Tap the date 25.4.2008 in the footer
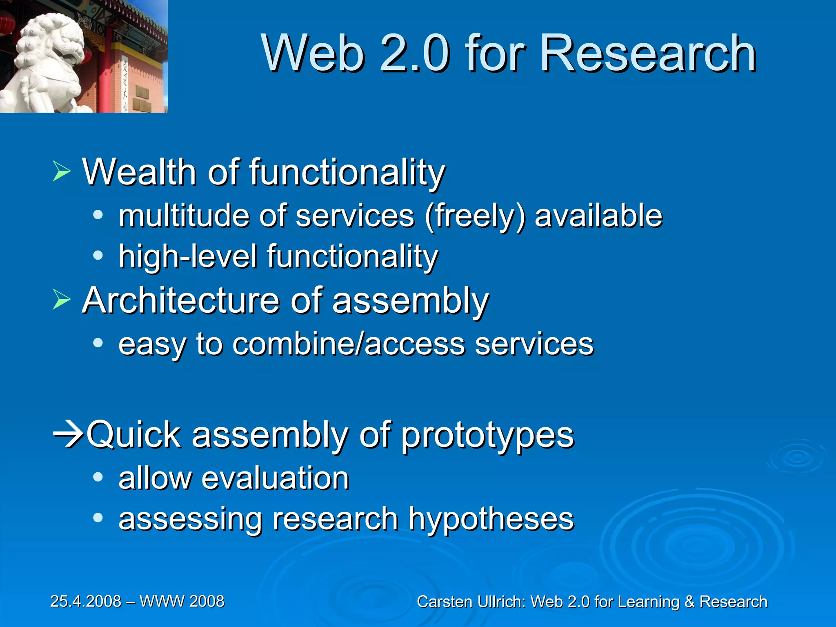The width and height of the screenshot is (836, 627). pyautogui.click(x=86, y=601)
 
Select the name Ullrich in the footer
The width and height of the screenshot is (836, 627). pyautogui.click(x=502, y=602)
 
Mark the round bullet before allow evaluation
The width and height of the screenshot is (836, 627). pyautogui.click(x=98, y=476)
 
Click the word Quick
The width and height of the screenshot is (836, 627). pyautogui.click(x=134, y=435)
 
